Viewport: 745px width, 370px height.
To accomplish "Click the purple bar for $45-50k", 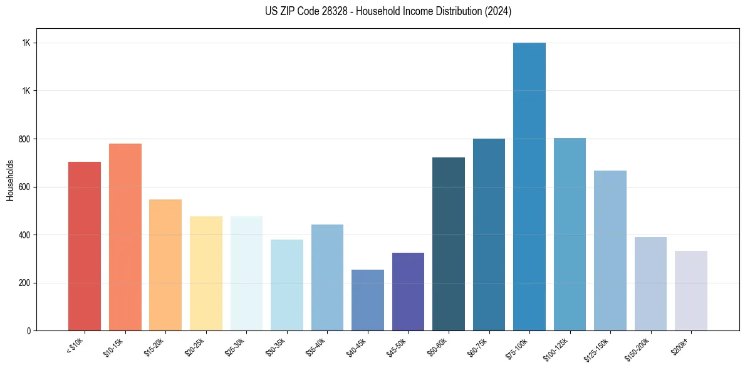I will click(408, 292).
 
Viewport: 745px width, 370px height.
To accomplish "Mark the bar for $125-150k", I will click(610, 250).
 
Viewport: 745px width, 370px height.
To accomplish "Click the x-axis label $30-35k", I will click(276, 347).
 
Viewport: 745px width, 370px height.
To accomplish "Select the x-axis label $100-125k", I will click(557, 349).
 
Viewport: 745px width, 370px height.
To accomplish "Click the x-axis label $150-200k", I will click(638, 349).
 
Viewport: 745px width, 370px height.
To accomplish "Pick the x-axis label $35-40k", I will click(316, 347).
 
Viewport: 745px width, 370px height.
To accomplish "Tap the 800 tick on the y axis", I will click(26, 139).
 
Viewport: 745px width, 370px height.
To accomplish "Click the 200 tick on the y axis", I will click(26, 283).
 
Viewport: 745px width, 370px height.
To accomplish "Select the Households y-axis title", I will click(10, 180).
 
